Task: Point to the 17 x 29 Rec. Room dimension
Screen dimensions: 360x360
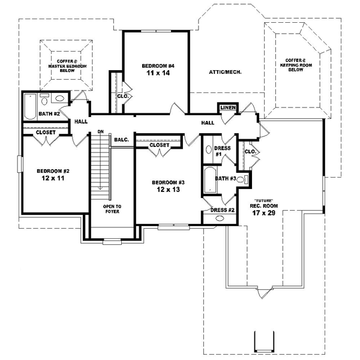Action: tap(263, 212)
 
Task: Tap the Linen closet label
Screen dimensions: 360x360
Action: tap(227, 107)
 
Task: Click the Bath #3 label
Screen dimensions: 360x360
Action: tap(226, 178)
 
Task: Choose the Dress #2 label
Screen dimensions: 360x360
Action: tap(223, 210)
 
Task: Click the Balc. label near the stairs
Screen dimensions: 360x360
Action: tap(122, 140)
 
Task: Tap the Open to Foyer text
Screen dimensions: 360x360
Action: tap(112, 209)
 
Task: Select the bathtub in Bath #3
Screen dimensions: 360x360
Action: tap(209, 179)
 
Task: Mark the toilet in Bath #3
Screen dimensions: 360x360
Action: tap(242, 179)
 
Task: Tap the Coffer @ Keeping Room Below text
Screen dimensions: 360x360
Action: tap(295, 64)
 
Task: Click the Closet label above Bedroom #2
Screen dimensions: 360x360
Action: tap(46, 133)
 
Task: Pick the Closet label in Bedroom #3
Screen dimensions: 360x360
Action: tap(159, 145)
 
